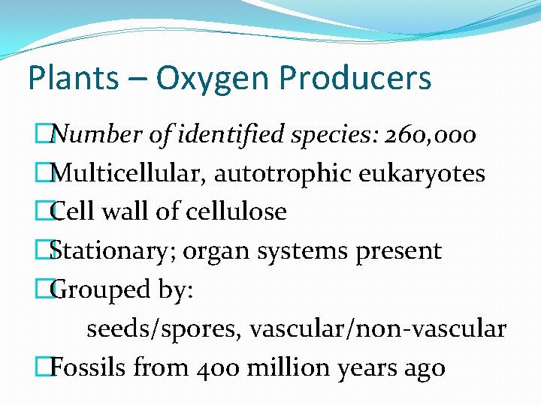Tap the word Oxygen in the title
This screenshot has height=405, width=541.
[x=192, y=78]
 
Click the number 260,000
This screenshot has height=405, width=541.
[x=430, y=135]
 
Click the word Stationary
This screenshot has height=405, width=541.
[x=106, y=251]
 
